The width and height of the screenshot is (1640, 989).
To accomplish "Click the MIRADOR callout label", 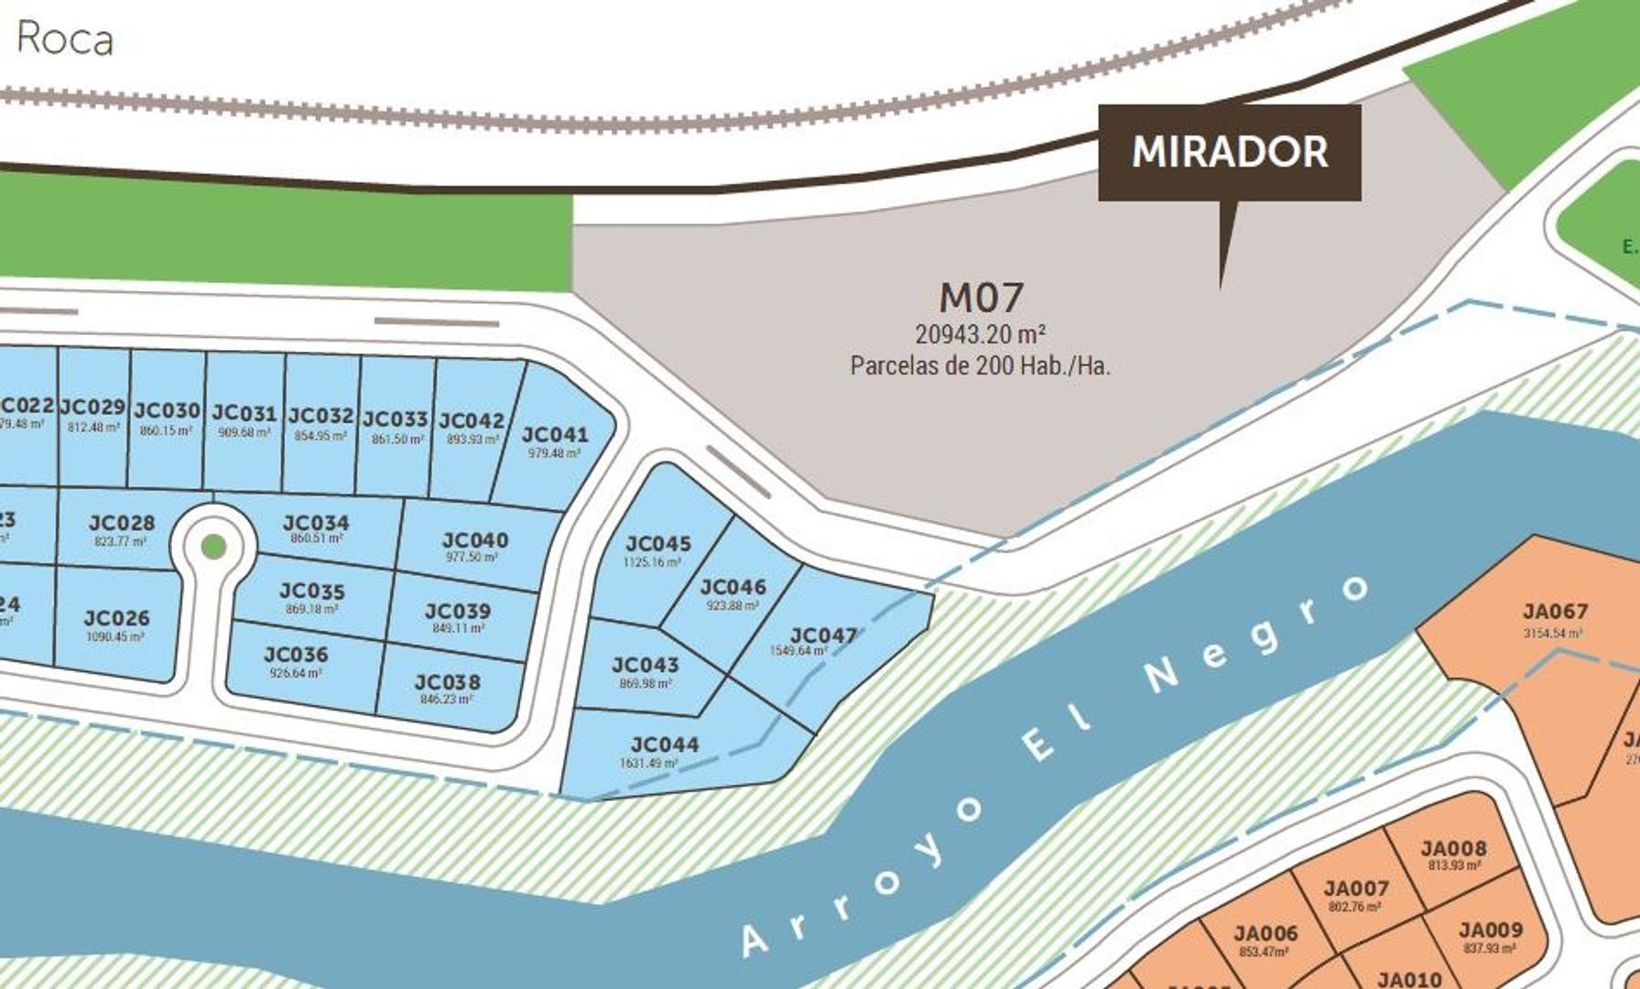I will point(1229,152).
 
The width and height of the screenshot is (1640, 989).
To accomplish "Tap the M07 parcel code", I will point(981,298).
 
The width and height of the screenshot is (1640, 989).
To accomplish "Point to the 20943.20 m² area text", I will point(980,334).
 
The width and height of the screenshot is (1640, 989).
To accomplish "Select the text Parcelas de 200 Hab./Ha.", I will point(980,365).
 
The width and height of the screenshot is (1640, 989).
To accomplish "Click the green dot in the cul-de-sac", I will point(213,547).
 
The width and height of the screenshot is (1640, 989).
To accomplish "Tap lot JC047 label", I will point(823,636).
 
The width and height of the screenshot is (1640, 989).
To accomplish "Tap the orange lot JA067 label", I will point(1554,612).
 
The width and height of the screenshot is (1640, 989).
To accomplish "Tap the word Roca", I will point(64,39).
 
